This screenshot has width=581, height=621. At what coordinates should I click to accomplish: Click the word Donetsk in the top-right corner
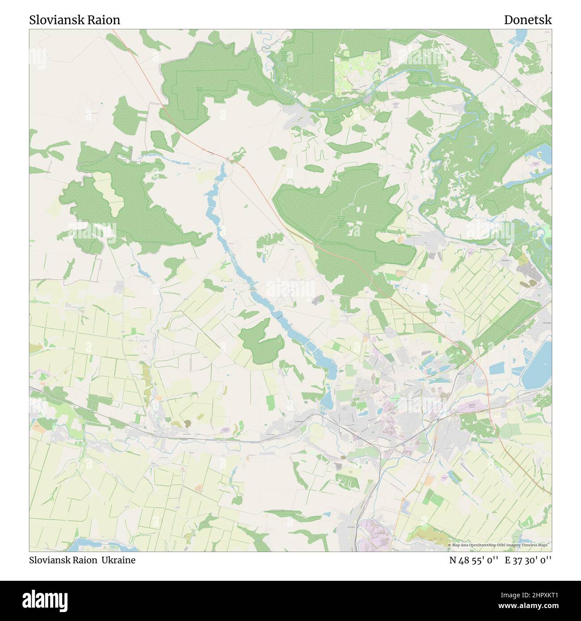coord(528,20)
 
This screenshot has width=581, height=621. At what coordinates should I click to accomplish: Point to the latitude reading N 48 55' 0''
coord(474,560)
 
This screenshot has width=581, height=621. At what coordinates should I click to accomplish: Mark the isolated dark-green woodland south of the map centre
coord(261,342)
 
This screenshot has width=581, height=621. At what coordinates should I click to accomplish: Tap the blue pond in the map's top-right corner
coord(522,36)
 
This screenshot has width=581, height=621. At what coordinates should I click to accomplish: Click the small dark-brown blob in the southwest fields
coord(188,423)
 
